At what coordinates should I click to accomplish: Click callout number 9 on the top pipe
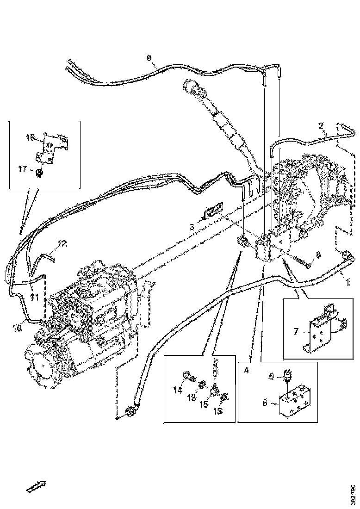(149, 57)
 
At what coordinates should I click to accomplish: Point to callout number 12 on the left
(62, 243)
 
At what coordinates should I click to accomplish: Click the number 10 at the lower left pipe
(17, 328)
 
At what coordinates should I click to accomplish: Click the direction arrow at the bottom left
(36, 487)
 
